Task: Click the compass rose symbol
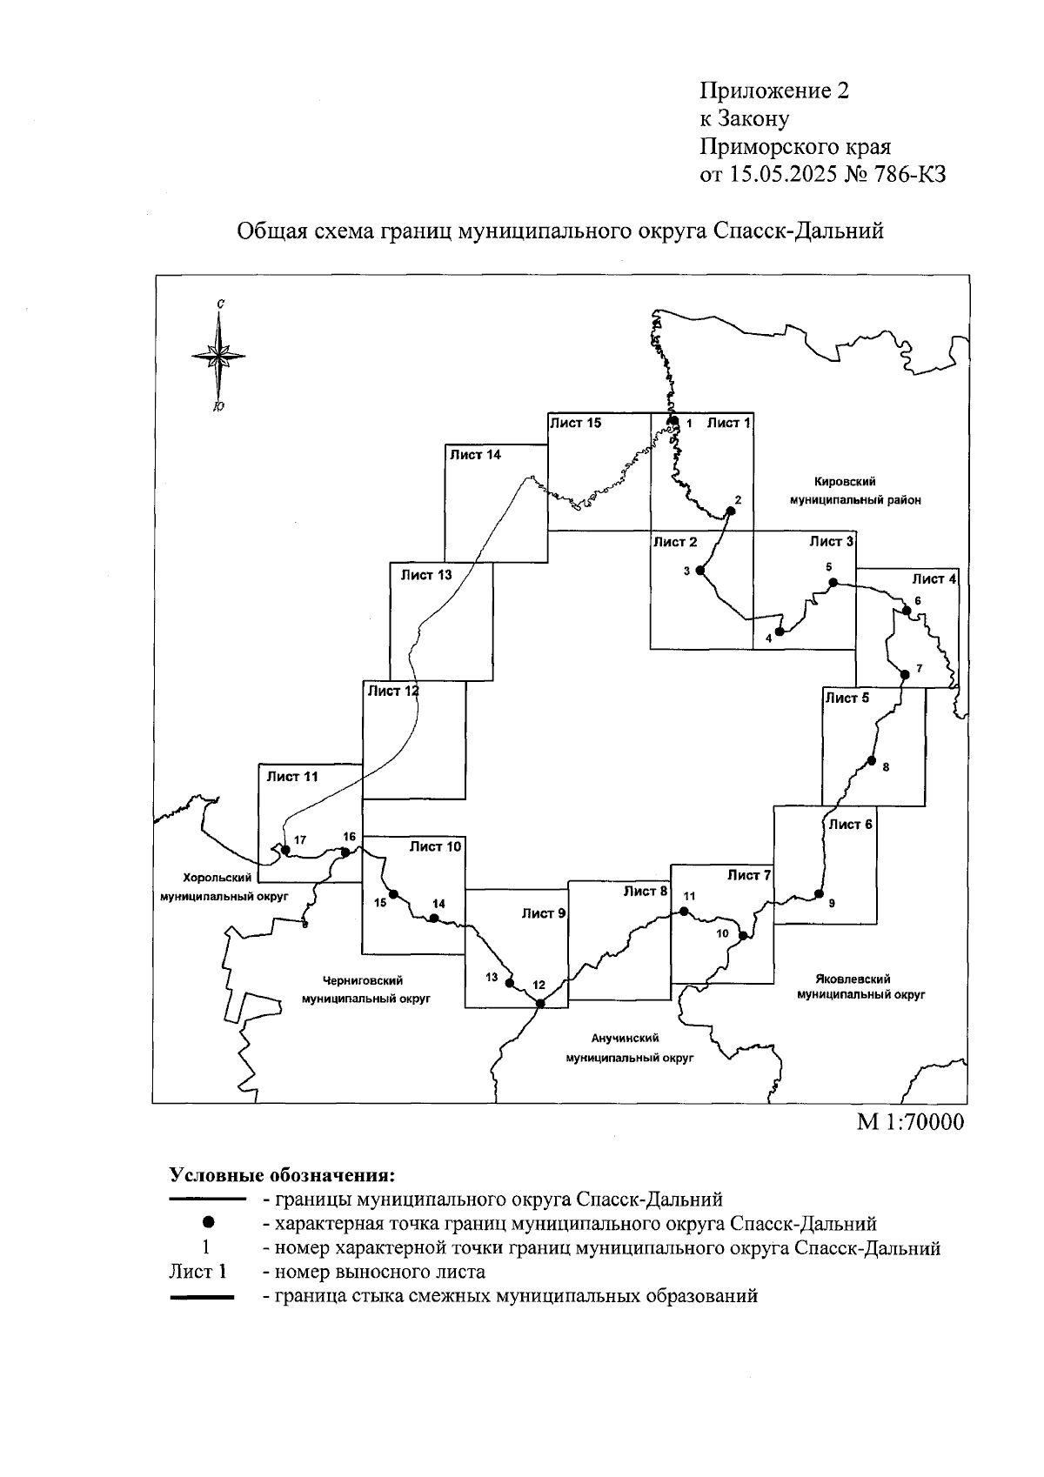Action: click(x=218, y=355)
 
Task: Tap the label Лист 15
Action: click(x=575, y=424)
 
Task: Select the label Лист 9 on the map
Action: click(x=544, y=913)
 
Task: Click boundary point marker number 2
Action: click(x=731, y=511)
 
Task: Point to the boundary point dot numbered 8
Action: click(x=871, y=761)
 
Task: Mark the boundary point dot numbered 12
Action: click(x=539, y=1003)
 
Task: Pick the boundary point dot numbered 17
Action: click(x=285, y=849)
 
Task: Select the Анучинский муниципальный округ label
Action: click(x=625, y=1048)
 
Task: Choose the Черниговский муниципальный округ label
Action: click(x=366, y=989)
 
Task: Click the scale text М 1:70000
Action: click(x=911, y=1122)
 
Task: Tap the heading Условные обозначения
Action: click(x=282, y=1175)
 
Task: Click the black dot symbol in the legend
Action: click(x=209, y=1224)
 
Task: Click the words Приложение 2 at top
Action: click(x=773, y=90)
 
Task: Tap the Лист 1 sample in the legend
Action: click(x=197, y=1272)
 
